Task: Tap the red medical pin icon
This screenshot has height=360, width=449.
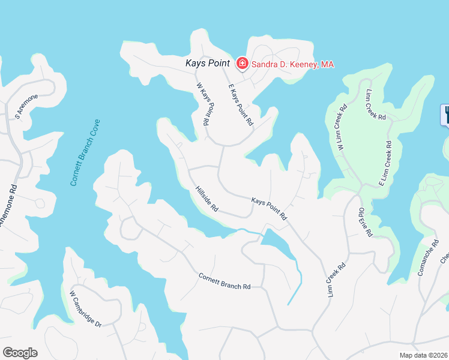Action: click(x=243, y=63)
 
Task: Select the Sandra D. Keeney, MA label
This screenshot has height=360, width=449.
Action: click(x=292, y=64)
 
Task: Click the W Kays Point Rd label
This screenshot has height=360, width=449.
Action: click(x=202, y=103)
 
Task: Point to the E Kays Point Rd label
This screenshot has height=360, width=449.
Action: click(x=240, y=106)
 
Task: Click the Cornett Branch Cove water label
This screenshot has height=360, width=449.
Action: click(x=85, y=152)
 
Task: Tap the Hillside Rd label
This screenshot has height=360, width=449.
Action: click(x=206, y=199)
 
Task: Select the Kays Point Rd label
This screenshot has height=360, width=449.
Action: click(x=270, y=208)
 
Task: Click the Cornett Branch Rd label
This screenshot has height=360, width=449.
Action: click(x=224, y=281)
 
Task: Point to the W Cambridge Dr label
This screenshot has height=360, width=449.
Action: click(x=86, y=309)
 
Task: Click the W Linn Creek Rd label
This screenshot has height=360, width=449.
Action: click(x=342, y=127)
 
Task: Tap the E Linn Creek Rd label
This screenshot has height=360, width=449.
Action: click(x=385, y=163)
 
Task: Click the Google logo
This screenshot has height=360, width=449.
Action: click(x=20, y=353)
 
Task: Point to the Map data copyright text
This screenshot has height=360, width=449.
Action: click(x=424, y=355)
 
